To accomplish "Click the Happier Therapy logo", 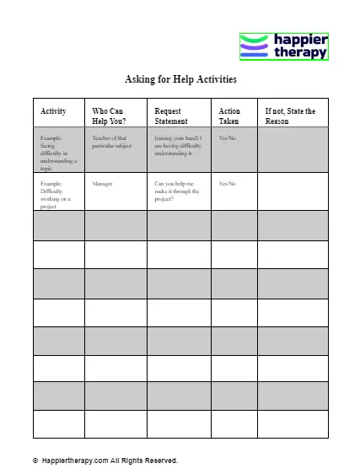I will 284,46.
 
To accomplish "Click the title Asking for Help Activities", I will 180,80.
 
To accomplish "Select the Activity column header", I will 54,111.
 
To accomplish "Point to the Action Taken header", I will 229,116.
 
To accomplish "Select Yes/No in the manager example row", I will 228,182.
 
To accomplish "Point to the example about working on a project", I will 57,194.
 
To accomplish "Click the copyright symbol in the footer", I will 35,461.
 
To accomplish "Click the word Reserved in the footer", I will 162,461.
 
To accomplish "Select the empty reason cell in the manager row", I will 293,193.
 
